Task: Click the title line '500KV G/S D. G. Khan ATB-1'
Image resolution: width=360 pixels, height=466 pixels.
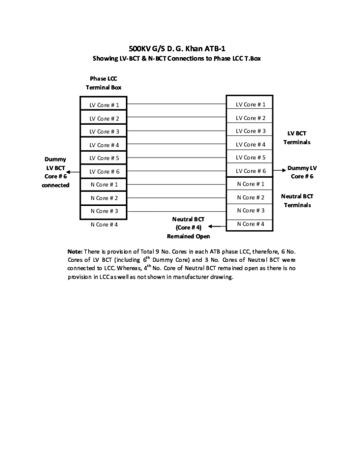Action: coord(176,48)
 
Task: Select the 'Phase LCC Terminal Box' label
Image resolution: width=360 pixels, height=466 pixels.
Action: coord(104,82)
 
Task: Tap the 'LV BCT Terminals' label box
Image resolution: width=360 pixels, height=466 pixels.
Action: coord(296,137)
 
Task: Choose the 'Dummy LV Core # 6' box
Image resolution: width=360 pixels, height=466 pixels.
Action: coord(302,172)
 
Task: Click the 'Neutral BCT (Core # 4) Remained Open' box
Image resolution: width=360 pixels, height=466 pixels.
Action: coord(188,228)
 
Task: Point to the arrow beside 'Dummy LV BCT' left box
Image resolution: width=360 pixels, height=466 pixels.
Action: coord(71,172)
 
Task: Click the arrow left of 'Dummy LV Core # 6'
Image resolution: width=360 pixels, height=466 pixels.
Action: coord(282,170)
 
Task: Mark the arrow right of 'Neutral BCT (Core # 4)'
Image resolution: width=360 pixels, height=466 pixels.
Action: coord(215,226)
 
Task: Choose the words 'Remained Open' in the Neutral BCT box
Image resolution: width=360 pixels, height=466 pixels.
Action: coord(188,236)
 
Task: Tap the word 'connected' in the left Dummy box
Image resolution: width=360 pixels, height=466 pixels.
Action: coord(55,186)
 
